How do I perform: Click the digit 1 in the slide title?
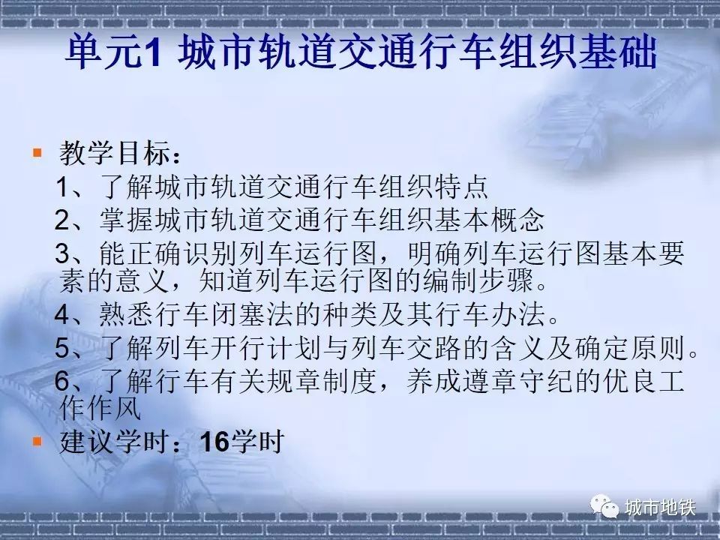pyautogui.click(x=151, y=52)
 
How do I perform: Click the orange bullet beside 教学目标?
pyautogui.click(x=37, y=152)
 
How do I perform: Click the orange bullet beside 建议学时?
pyautogui.click(x=37, y=441)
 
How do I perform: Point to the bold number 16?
pyautogui.click(x=214, y=442)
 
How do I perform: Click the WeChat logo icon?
pyautogui.click(x=604, y=506)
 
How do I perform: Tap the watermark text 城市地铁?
pyautogui.click(x=660, y=508)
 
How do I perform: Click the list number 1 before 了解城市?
pyautogui.click(x=62, y=187)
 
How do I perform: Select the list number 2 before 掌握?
pyautogui.click(x=62, y=220)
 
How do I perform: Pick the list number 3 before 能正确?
pyautogui.click(x=62, y=253)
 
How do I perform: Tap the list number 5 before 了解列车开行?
pyautogui.click(x=62, y=347)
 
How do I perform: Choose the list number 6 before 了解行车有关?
pyautogui.click(x=62, y=381)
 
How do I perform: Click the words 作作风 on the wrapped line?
pyautogui.click(x=100, y=408)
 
